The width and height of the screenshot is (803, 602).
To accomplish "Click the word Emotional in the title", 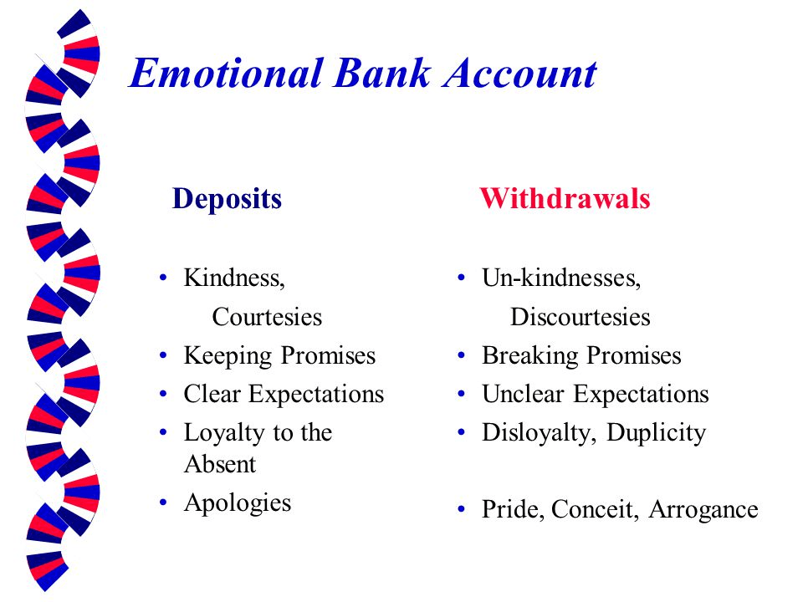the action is [226, 73].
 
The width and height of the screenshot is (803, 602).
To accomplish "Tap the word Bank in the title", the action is [382, 73].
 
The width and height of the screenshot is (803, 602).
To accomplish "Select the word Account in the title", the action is [519, 73].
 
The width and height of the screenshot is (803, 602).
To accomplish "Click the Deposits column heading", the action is [227, 199].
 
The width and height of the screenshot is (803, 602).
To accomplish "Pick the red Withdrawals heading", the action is [565, 198].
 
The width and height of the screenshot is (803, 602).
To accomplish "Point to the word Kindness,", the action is [234, 278].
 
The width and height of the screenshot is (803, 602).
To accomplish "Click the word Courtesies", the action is [267, 317].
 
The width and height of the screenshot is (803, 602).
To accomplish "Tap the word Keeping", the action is [228, 356].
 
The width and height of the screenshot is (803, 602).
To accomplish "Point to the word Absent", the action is [220, 464].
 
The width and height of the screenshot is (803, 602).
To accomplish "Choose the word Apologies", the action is [238, 503].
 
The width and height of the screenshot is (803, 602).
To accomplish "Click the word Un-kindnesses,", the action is [561, 278].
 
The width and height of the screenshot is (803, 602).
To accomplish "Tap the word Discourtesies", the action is [581, 317].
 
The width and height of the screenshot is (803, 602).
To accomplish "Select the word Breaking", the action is [530, 356].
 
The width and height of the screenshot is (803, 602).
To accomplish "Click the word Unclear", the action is [523, 394].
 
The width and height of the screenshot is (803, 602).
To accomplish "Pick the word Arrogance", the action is [703, 510].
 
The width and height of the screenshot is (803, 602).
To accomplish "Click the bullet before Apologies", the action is [163, 503].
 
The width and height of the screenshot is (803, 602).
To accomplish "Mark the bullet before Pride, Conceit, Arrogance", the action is [462, 509].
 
